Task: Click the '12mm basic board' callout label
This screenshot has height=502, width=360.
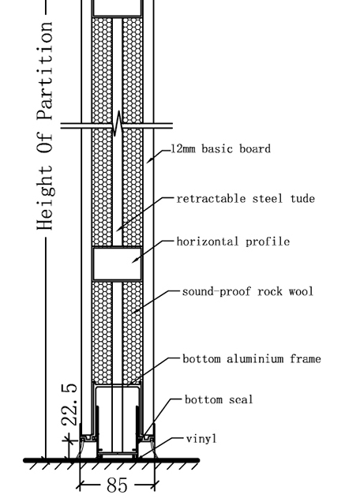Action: point(221,149)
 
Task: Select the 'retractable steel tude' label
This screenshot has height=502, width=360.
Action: point(246,198)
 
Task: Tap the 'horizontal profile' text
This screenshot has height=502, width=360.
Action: point(233,242)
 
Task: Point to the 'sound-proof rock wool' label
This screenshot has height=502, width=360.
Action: point(248,291)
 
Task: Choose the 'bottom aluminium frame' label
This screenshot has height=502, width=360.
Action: point(252,358)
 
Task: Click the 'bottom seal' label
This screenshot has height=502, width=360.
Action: point(219,399)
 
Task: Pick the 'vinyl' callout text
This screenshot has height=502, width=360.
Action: point(201,439)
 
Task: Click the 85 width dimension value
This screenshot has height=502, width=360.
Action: point(117,485)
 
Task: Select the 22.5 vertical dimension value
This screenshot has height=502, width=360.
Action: point(69,405)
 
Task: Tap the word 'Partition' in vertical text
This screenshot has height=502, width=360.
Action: point(45,71)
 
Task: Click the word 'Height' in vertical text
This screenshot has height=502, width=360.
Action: point(45,197)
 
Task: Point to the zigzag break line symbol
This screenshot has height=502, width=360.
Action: point(117,124)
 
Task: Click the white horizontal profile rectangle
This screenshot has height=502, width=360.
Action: point(117,264)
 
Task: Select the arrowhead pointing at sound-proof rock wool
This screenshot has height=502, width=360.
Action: point(135,311)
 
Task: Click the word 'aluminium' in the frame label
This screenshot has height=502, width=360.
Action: point(255,358)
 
